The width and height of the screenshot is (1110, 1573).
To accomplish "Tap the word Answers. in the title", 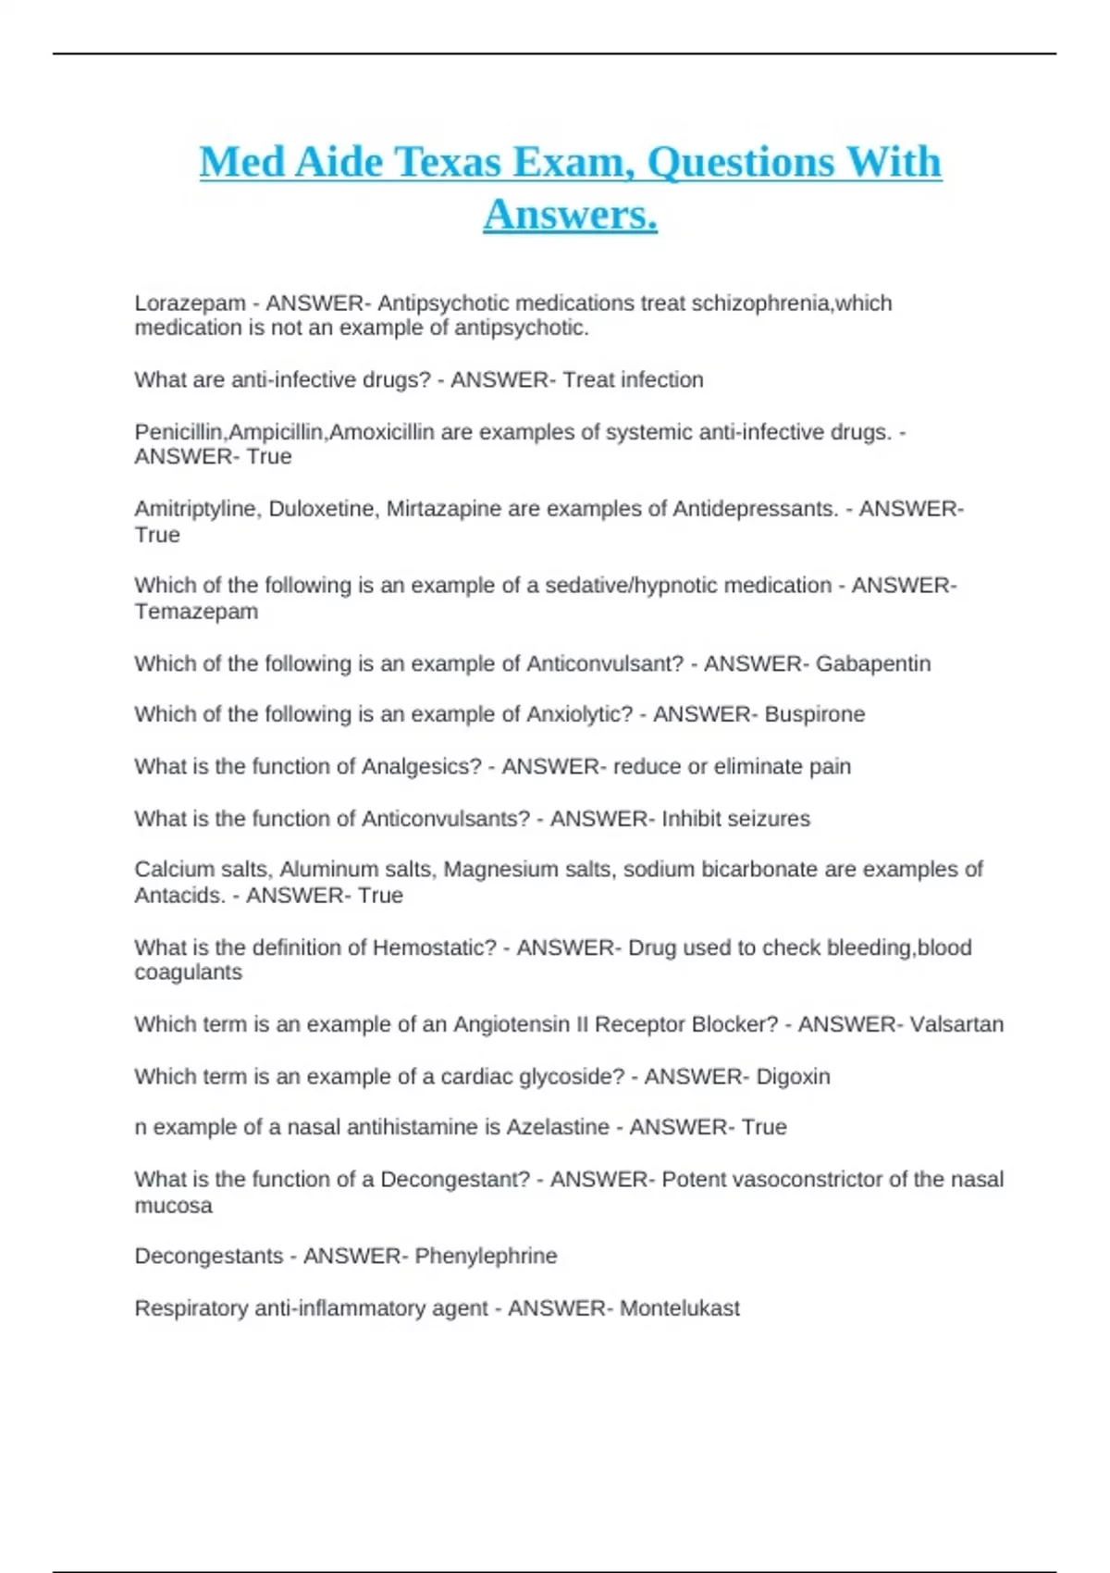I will coord(570,215).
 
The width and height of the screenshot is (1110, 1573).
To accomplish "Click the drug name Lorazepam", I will coord(190,303).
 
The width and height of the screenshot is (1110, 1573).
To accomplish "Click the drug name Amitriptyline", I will coord(197,509).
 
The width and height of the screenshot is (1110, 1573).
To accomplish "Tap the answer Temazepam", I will coord(196,612).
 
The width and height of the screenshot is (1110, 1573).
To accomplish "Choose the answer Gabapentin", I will coord(872,663).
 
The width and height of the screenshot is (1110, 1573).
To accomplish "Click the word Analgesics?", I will coord(422,766).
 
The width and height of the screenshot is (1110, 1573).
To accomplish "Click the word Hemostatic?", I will coord(434,948).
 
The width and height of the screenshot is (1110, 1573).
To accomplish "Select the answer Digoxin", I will coord(793,1076).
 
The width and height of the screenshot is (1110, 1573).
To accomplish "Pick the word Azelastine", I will coord(558,1127).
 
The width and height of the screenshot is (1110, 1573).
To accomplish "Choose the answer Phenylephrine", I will coord(486,1256).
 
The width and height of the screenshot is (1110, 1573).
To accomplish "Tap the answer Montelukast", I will coord(679,1308).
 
